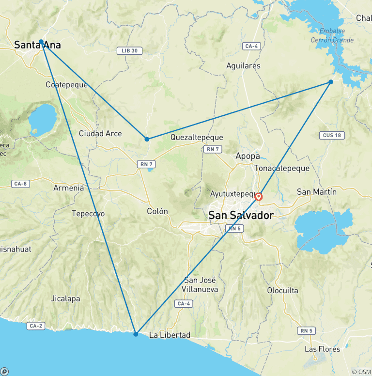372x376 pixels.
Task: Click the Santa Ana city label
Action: coord(37,45)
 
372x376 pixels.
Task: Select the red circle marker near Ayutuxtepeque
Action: coord(259,197)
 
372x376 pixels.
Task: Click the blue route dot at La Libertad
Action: coord(136,334)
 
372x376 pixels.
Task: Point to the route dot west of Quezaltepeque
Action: coord(147,139)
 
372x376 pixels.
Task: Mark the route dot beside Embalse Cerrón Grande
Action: coord(331,82)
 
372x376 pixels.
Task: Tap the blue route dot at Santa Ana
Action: coord(41,42)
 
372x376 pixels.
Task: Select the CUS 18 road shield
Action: coord(332,135)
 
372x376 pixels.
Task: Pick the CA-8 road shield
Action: coord(21,184)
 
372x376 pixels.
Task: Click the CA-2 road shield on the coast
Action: coord(36,326)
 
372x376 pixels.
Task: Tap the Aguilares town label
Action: coord(243,66)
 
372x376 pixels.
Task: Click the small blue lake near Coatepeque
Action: coord(42,118)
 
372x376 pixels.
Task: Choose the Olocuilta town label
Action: coord(282,291)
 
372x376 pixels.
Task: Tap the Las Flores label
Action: coord(322,349)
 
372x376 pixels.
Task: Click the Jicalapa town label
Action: coord(65,298)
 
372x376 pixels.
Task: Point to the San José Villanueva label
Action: coord(201,284)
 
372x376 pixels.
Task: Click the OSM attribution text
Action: coord(361,372)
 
